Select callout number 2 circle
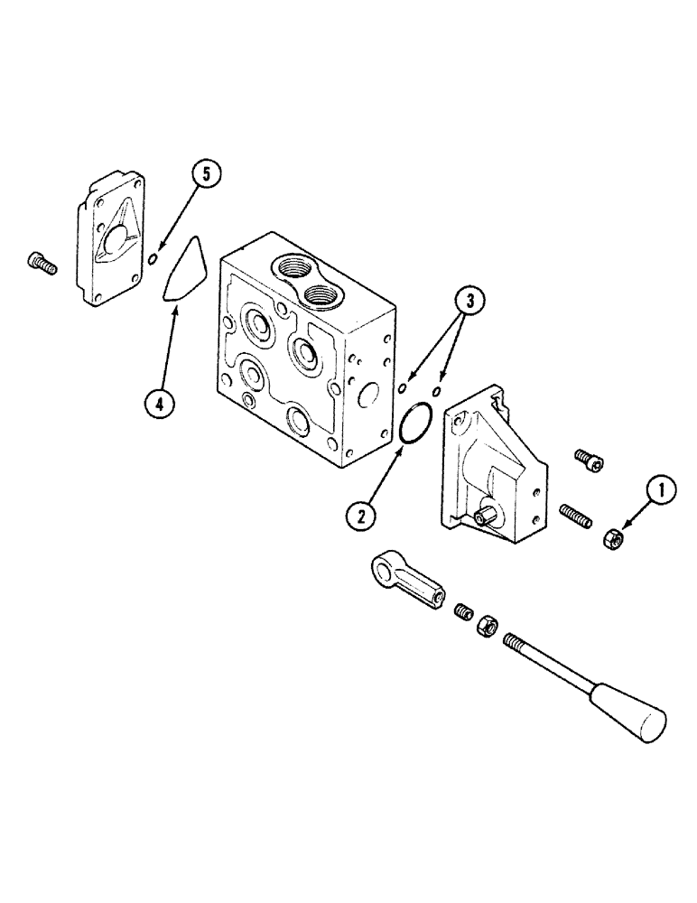click(361, 517)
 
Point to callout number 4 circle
click(159, 405)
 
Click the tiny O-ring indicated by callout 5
click(153, 260)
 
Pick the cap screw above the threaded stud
click(588, 461)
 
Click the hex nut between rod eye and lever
click(486, 625)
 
